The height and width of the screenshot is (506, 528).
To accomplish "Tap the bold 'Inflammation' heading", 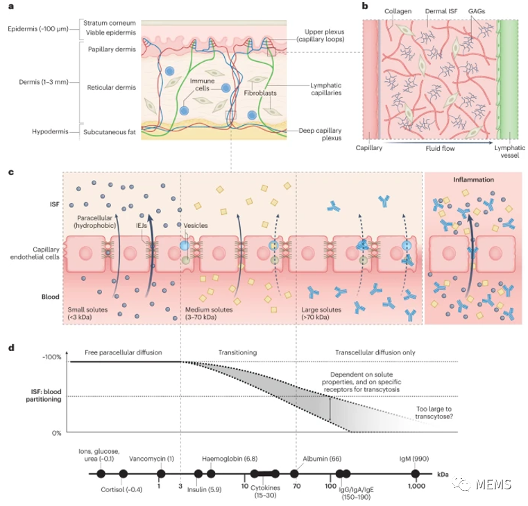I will pyautogui.click(x=474, y=179).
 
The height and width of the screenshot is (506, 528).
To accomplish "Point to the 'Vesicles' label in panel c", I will pyautogui.click(x=196, y=225).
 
